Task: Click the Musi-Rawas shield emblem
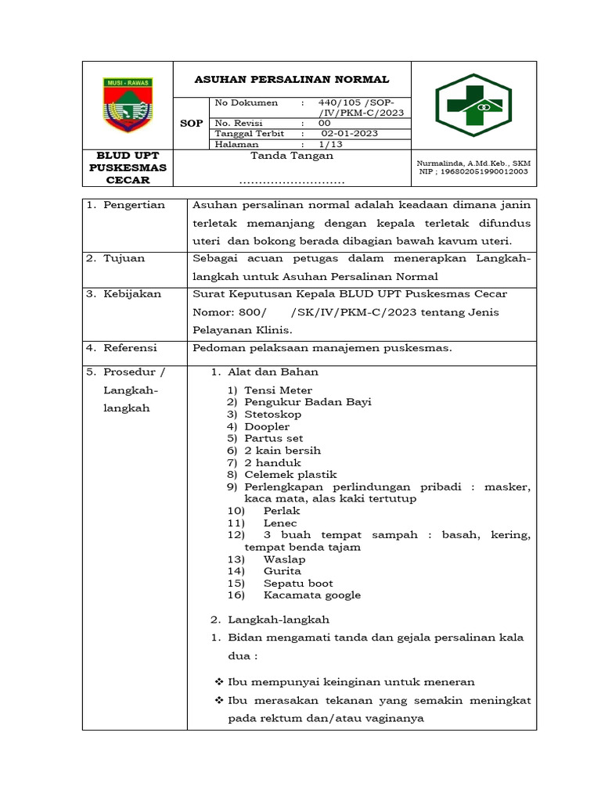tap(128, 104)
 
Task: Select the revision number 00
tap(324, 123)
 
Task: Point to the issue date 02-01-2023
tap(349, 133)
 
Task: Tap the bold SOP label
tap(191, 123)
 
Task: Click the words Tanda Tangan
tap(291, 156)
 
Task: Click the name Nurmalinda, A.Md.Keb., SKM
tap(474, 163)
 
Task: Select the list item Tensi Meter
tap(278, 390)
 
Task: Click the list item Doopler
tap(267, 426)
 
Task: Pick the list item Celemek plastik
tap(290, 475)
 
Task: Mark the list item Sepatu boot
tap(298, 583)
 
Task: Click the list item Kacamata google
tap(312, 595)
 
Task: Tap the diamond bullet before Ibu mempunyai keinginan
tap(219, 682)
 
